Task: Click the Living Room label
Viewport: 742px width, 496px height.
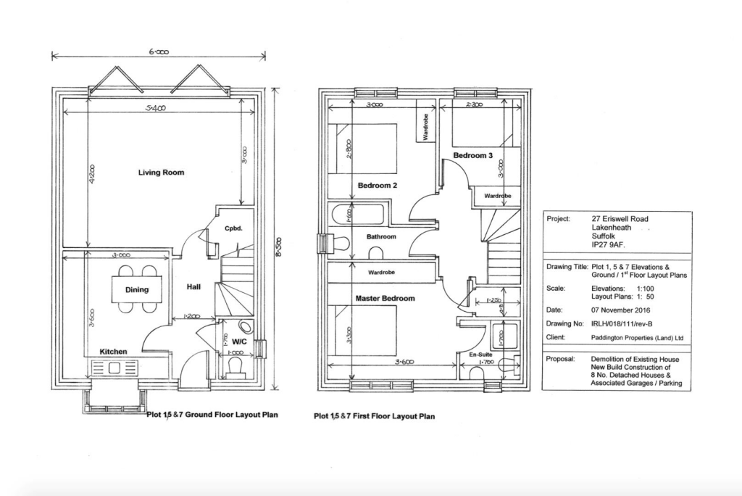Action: pyautogui.click(x=161, y=173)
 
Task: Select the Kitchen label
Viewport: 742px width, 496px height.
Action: pyautogui.click(x=113, y=352)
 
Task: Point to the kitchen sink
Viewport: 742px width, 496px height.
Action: pyautogui.click(x=116, y=368)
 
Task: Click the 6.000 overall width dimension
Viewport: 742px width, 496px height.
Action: pyautogui.click(x=159, y=52)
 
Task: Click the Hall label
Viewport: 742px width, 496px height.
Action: pyautogui.click(x=193, y=287)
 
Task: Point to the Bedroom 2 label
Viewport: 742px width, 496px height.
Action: pyautogui.click(x=378, y=185)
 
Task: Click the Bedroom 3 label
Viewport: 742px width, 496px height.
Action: pyautogui.click(x=473, y=156)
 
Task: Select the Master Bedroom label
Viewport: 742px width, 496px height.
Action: pyautogui.click(x=385, y=298)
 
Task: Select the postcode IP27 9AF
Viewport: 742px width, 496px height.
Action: pyautogui.click(x=607, y=246)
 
